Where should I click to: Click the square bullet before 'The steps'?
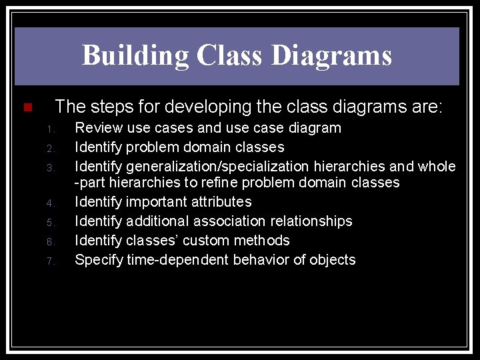[x=27, y=108]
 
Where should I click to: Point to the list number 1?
[x=50, y=129]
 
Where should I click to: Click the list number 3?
[x=50, y=167]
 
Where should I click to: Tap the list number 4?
[x=50, y=203]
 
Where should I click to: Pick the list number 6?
[x=50, y=241]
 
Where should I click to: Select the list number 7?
[x=50, y=261]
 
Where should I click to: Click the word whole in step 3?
[x=437, y=166]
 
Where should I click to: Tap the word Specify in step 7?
[x=99, y=260]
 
